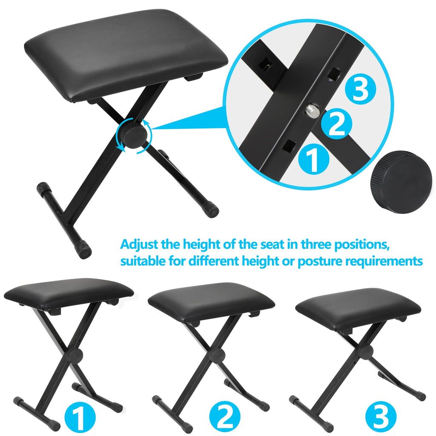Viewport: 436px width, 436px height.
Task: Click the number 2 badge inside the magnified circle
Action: (336, 123)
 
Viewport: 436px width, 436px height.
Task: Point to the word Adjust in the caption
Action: (140, 245)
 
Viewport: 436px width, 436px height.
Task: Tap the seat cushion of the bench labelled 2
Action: (211, 301)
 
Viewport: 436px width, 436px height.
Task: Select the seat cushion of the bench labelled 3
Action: (358, 307)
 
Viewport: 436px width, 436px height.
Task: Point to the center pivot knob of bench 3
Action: (365, 351)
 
